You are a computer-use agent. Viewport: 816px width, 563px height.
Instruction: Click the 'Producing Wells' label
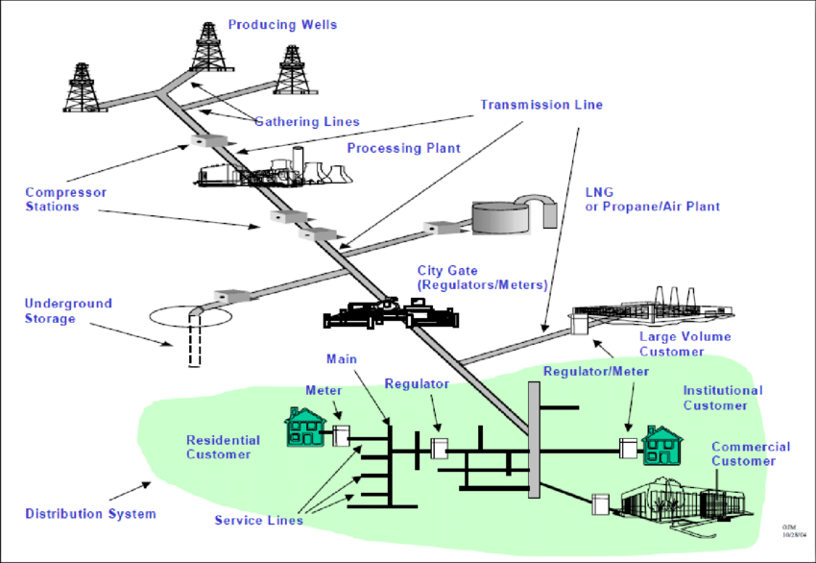click(x=282, y=24)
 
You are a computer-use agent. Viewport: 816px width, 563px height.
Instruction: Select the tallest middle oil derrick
click(x=205, y=45)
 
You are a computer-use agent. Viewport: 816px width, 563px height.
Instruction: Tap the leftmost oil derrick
click(x=86, y=86)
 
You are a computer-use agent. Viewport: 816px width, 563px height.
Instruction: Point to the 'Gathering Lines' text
click(x=306, y=122)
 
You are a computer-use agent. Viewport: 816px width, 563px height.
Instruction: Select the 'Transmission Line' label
click(x=541, y=105)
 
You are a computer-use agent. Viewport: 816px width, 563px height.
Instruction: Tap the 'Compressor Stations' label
click(x=65, y=199)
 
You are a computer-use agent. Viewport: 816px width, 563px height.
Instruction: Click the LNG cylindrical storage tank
click(x=500, y=218)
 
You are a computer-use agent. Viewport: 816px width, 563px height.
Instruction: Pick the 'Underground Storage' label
click(x=68, y=310)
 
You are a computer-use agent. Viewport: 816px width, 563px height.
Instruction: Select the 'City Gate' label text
click(x=481, y=278)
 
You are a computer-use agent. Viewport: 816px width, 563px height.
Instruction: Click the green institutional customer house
click(x=661, y=445)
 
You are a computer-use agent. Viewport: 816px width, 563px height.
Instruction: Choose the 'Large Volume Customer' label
click(x=684, y=344)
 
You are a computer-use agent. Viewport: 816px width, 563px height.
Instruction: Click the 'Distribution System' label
click(x=90, y=514)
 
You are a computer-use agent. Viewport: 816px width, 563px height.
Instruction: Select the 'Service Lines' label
click(x=258, y=521)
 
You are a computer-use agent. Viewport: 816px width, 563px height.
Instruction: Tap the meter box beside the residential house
click(x=340, y=436)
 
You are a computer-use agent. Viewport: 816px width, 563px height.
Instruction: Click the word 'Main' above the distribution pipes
click(x=341, y=359)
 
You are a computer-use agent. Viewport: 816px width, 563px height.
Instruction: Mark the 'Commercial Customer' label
click(x=750, y=453)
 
